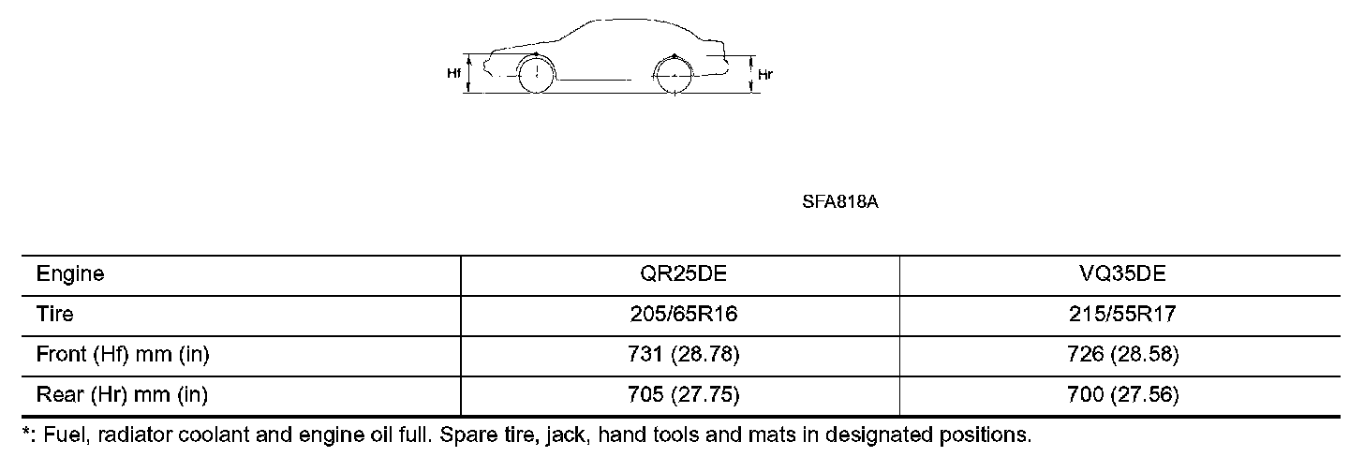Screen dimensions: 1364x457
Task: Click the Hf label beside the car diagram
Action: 453,74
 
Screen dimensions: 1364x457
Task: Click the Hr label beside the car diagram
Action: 765,74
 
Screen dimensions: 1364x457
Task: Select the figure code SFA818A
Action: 839,202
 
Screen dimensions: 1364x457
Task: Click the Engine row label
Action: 70,273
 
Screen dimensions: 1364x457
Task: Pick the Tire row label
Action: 54,314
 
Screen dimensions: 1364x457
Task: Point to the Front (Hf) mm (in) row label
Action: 123,354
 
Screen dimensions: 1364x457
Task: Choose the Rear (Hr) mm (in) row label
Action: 122,395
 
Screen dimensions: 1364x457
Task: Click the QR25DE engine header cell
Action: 683,273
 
